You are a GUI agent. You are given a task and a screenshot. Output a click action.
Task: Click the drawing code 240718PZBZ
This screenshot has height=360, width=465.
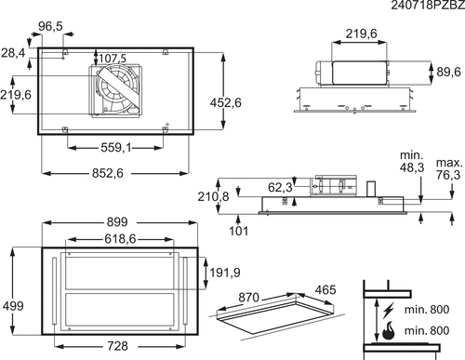click(x=428, y=6)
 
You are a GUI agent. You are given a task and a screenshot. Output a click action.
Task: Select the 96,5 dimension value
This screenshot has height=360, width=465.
click(x=50, y=26)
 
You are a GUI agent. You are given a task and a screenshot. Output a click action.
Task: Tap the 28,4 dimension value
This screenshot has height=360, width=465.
click(x=13, y=53)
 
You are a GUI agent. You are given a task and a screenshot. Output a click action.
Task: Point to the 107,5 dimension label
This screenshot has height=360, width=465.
click(x=113, y=58)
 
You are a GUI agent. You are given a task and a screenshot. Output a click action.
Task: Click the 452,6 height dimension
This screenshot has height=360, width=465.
click(x=225, y=102)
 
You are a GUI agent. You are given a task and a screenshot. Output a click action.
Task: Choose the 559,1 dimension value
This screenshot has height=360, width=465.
click(x=116, y=148)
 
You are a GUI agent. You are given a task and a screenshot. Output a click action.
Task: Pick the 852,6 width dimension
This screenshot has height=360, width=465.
click(x=108, y=173)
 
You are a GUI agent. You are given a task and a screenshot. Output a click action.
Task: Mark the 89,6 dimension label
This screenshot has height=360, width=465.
click(x=448, y=72)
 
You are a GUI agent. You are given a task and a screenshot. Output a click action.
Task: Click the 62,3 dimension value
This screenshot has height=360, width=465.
click(x=280, y=187)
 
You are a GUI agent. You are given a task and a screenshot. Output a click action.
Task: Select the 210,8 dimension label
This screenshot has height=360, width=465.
click(x=213, y=196)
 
